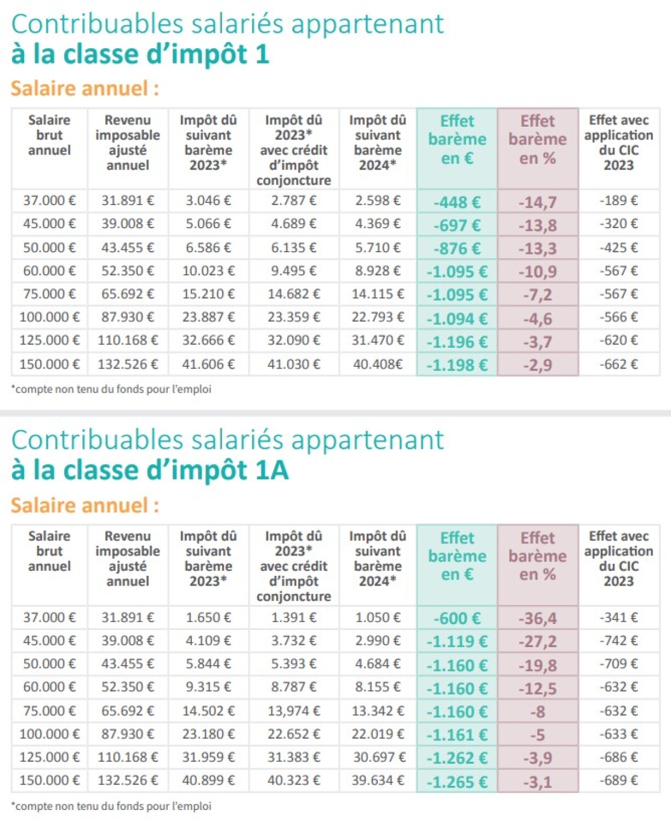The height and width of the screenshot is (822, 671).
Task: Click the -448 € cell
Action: pyautogui.click(x=457, y=202)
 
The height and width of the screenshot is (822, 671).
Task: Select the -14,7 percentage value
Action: pyautogui.click(x=537, y=202)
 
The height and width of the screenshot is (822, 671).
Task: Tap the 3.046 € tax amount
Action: pyautogui.click(x=208, y=201)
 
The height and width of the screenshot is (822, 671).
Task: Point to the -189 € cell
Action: pyautogui.click(x=618, y=201)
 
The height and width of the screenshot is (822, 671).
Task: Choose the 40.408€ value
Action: pyautogui.click(x=378, y=364)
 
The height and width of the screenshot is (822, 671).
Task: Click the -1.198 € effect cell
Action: pyautogui.click(x=457, y=365)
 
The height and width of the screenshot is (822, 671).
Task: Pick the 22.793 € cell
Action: pyautogui.click(x=378, y=317)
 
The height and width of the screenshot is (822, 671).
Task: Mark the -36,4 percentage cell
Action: pyautogui.click(x=537, y=619)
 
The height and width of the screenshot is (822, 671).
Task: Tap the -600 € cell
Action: pyautogui.click(x=457, y=619)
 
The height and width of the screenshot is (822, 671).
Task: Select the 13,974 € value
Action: pyautogui.click(x=293, y=711)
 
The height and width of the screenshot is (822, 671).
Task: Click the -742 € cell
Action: pyautogui.click(x=618, y=640)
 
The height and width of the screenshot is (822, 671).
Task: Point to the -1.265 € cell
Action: pyautogui.click(x=457, y=781)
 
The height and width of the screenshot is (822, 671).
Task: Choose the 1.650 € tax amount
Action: pyautogui.click(x=208, y=617)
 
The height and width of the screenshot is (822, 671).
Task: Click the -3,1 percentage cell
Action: pyautogui.click(x=537, y=781)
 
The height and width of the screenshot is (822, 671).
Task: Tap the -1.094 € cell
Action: pyautogui.click(x=457, y=318)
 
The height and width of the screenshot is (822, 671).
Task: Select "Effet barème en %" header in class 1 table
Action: pyautogui.click(x=537, y=140)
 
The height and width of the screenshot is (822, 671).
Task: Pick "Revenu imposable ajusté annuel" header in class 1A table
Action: pyautogui.click(x=128, y=558)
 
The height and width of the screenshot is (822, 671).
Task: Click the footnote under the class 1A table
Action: pyautogui.click(x=111, y=806)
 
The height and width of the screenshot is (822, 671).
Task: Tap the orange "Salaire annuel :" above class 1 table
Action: pyautogui.click(x=85, y=88)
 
